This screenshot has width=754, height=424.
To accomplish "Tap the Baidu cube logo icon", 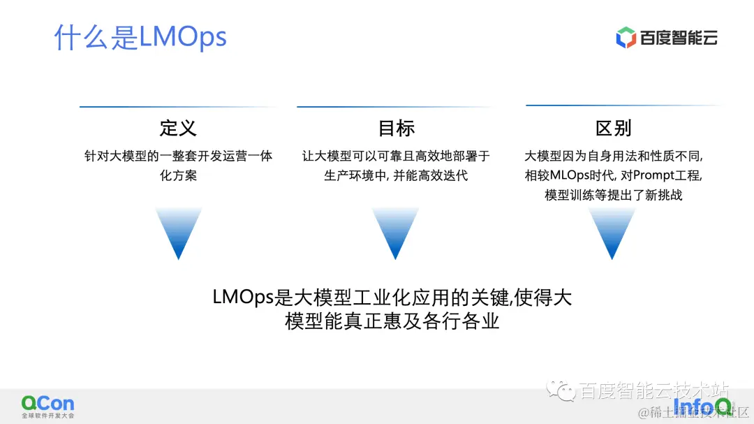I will pyautogui.click(x=626, y=37).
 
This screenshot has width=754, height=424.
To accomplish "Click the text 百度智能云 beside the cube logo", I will pyautogui.click(x=678, y=38).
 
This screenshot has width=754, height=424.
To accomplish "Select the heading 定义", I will pyautogui.click(x=178, y=128).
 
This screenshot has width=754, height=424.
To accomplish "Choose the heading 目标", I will pyautogui.click(x=396, y=128).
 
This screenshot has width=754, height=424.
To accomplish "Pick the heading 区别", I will pyautogui.click(x=613, y=128).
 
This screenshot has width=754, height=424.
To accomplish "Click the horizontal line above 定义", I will pyautogui.click(x=178, y=107).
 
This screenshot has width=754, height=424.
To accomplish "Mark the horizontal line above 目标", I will pyautogui.click(x=396, y=107).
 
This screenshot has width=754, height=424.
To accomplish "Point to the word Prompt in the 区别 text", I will pyautogui.click(x=653, y=176).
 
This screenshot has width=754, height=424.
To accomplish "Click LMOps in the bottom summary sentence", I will pyautogui.click(x=242, y=298).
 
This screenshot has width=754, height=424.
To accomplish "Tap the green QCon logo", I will pyautogui.click(x=47, y=403).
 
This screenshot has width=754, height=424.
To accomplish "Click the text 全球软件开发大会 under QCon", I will pyautogui.click(x=47, y=416).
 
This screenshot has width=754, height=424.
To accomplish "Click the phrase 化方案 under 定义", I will pyautogui.click(x=178, y=175).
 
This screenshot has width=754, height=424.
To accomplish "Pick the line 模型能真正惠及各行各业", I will pyautogui.click(x=392, y=322).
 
